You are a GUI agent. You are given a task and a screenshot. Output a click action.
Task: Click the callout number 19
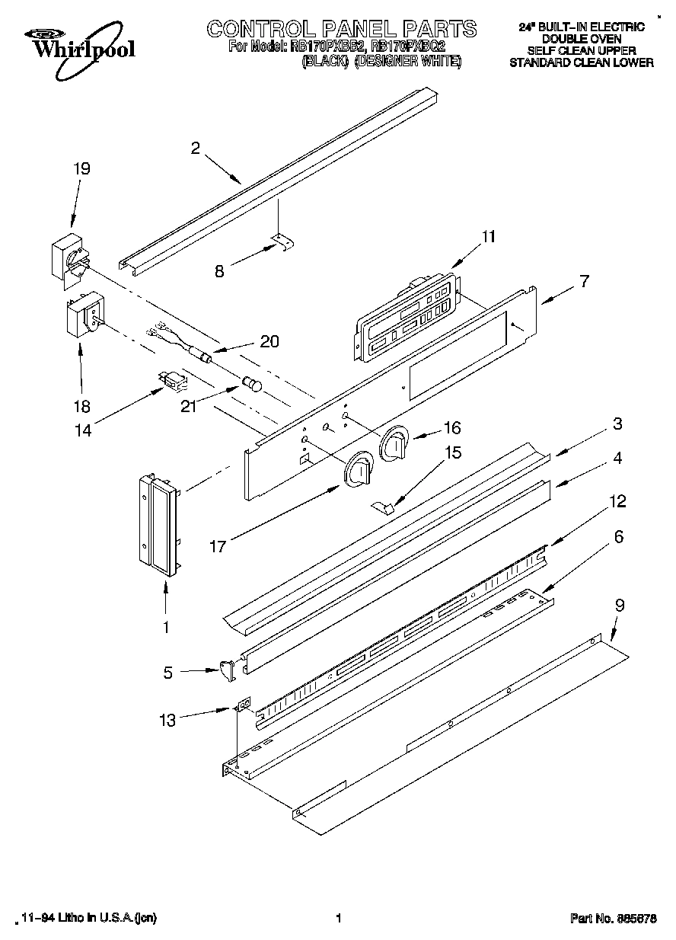[81, 168]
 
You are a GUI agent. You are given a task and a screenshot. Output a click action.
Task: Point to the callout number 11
[487, 236]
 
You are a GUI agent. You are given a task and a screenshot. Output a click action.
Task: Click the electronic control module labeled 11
[403, 314]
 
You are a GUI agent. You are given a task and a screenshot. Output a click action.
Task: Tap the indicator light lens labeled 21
[251, 383]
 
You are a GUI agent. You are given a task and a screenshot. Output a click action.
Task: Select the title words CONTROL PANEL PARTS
[342, 29]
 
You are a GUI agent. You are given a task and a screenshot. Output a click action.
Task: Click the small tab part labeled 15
[384, 506]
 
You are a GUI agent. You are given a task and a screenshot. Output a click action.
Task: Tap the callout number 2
[195, 149]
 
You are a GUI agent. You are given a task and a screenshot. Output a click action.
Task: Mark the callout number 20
[269, 341]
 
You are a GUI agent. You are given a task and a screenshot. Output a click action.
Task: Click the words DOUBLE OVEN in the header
[581, 38]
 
